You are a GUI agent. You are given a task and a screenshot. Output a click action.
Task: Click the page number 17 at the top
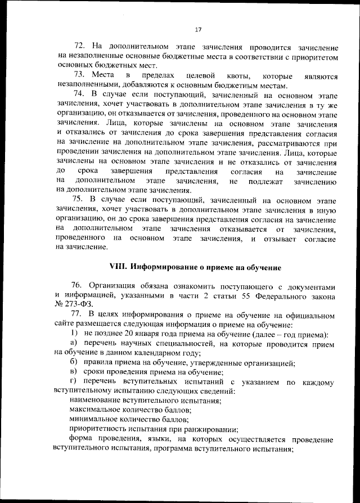[197, 30]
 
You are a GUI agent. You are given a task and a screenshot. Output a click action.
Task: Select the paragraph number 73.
[79, 75]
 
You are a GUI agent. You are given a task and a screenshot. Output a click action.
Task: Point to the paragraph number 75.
[79, 199]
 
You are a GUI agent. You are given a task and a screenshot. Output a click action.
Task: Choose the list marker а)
[73, 344]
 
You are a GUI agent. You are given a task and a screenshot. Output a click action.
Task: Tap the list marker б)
[73, 363]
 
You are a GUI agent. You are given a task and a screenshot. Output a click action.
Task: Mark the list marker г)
[73, 383]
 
